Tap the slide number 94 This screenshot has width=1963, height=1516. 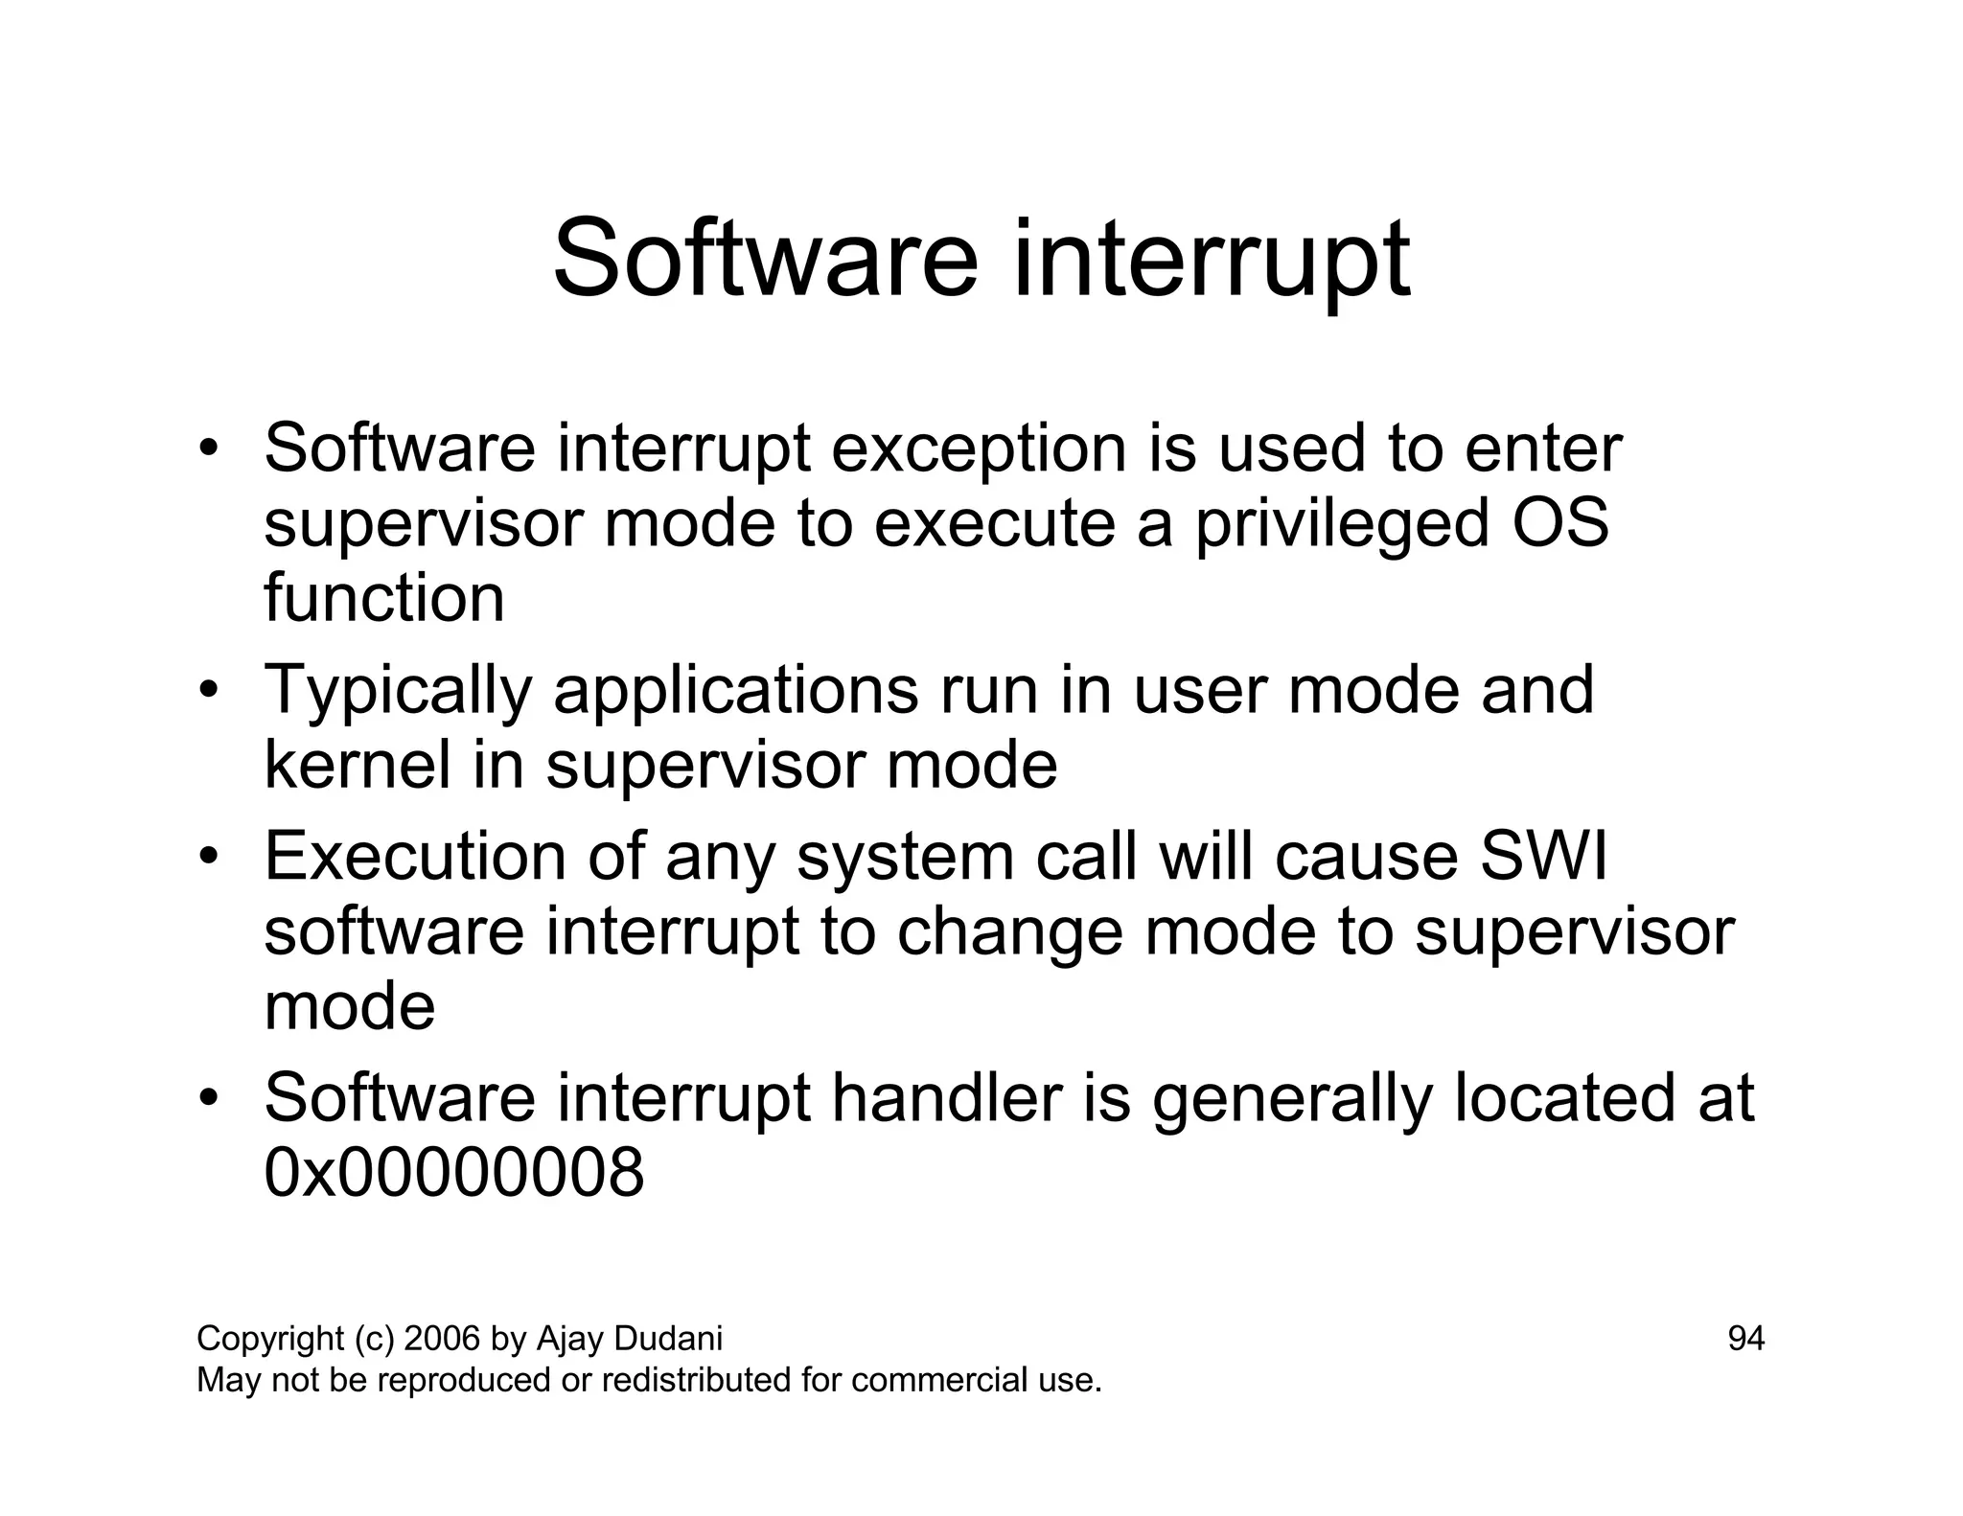1745,1339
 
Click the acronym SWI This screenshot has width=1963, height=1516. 1542,856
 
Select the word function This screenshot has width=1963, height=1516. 383,598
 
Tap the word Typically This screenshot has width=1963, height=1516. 397,690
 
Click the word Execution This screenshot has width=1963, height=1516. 415,856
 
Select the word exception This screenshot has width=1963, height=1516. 978,448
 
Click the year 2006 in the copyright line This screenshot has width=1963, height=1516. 442,1339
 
